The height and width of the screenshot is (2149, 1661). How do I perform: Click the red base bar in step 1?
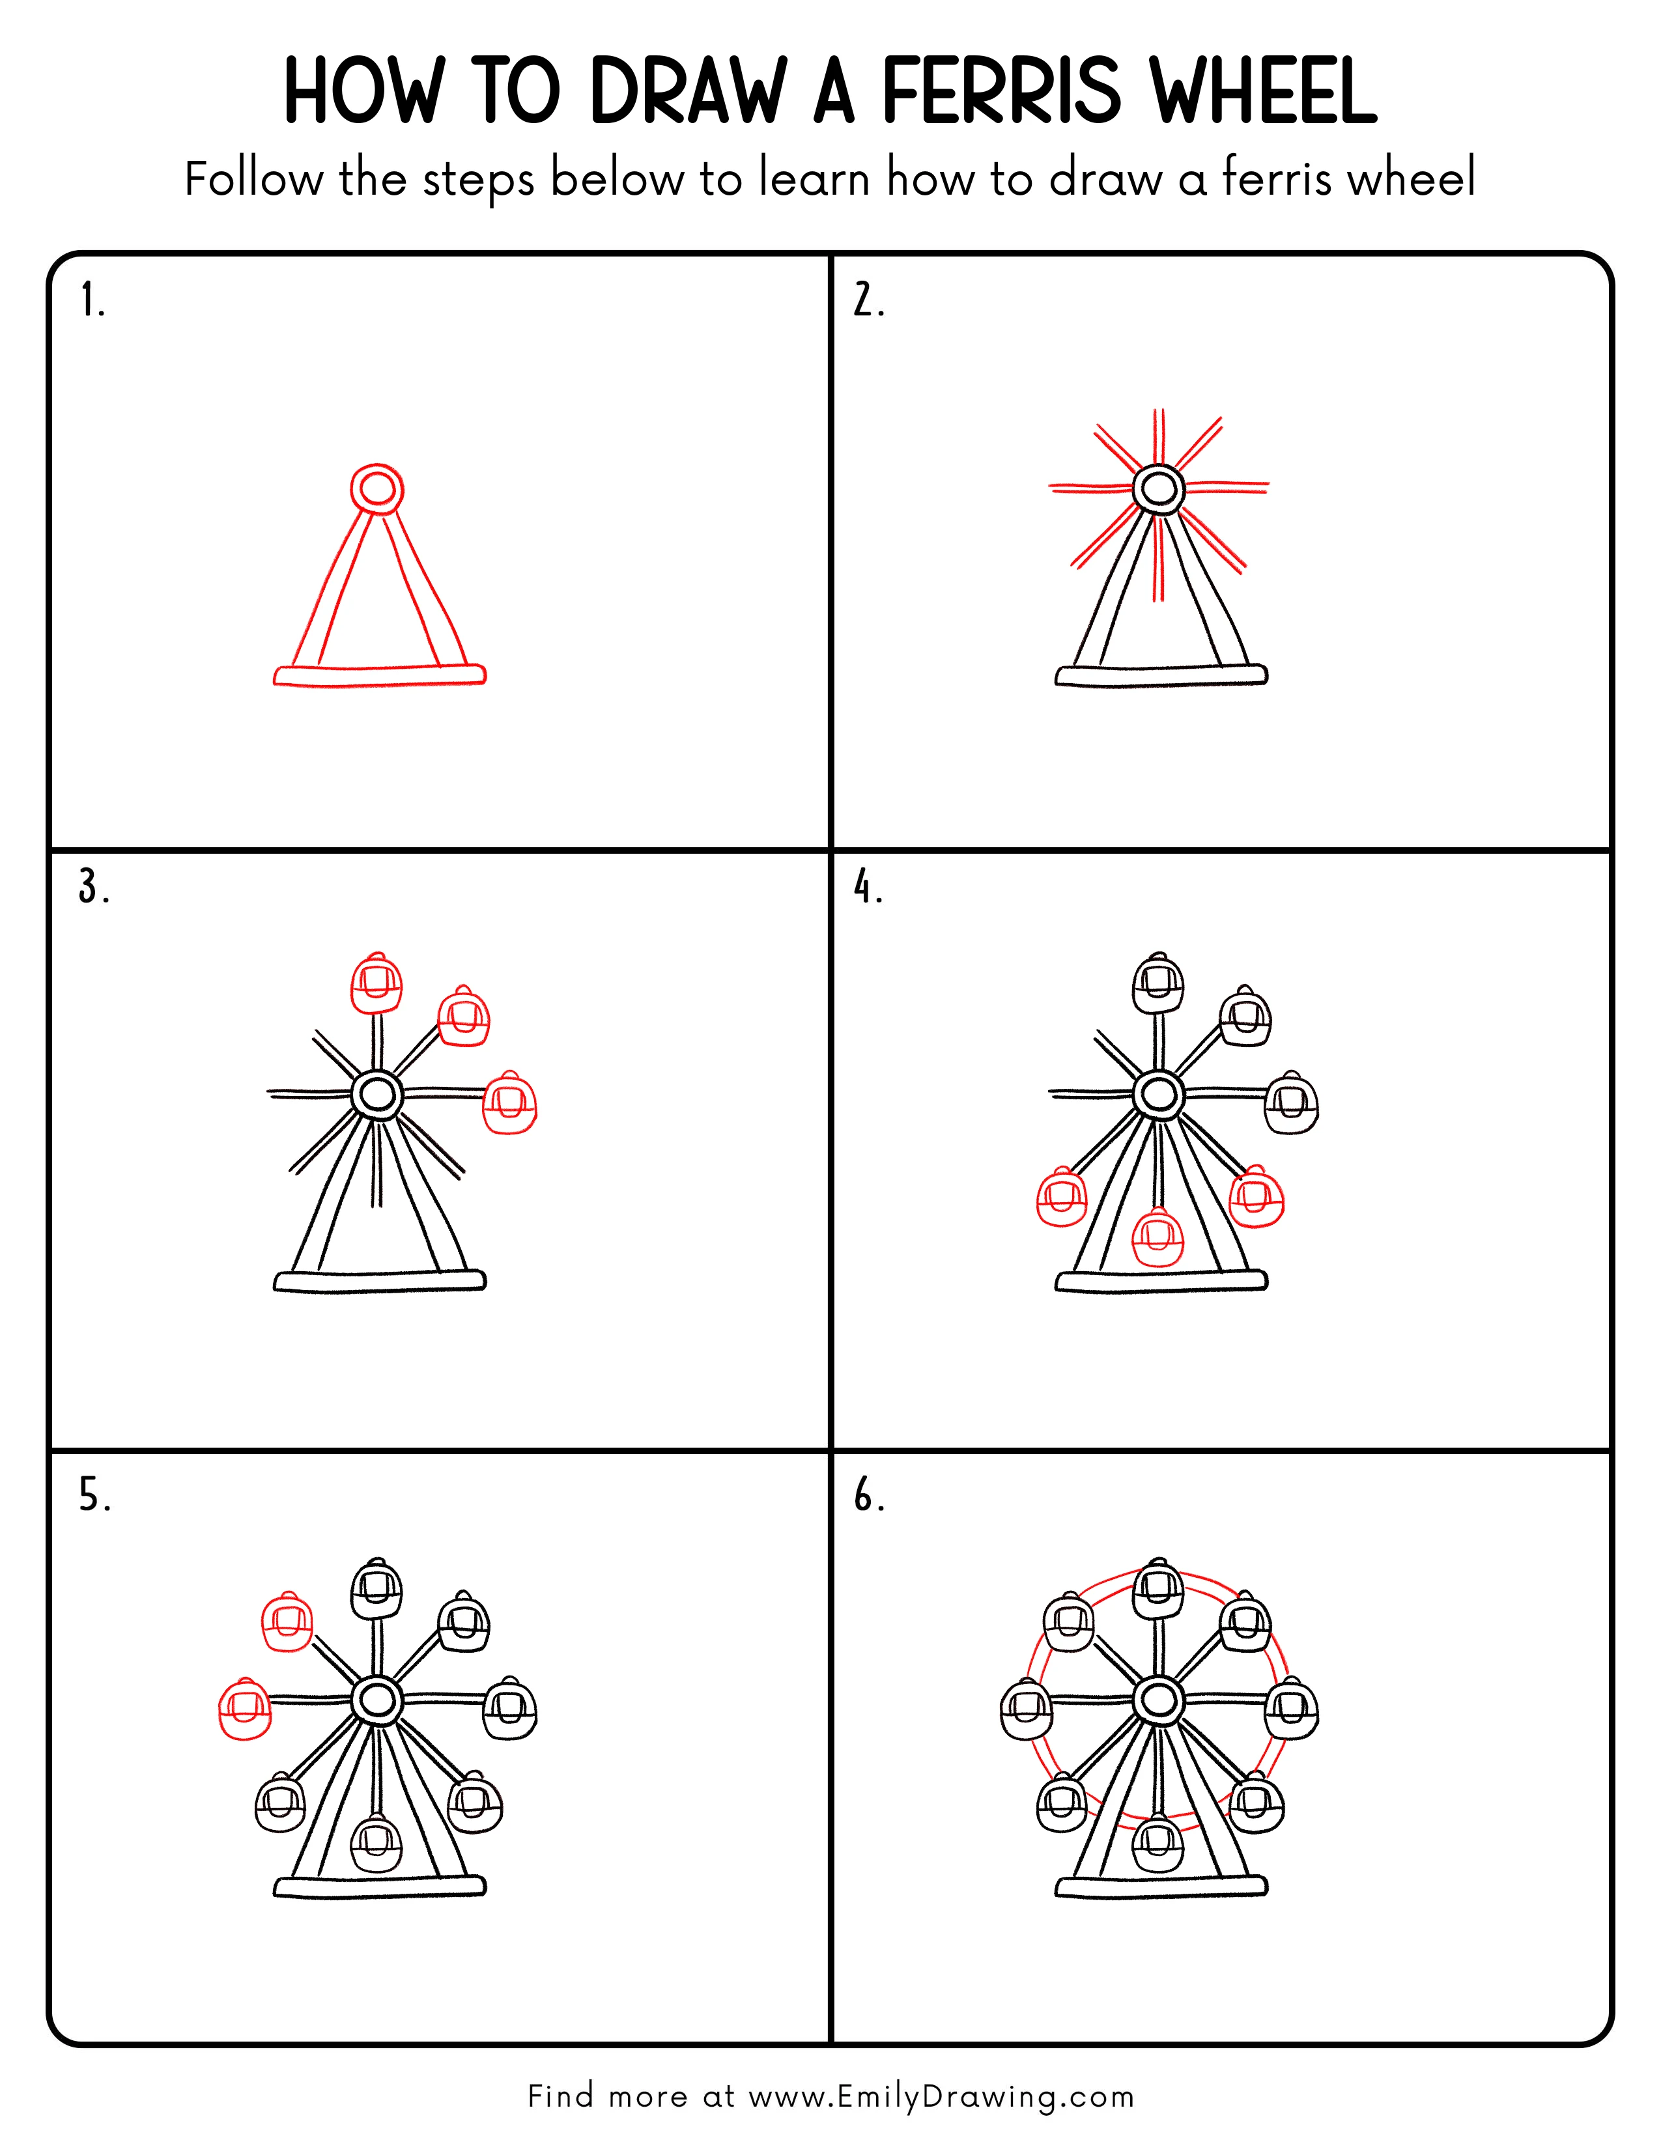380,675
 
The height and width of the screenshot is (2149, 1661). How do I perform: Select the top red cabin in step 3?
377,982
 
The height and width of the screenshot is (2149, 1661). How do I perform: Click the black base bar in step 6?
1161,1887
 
